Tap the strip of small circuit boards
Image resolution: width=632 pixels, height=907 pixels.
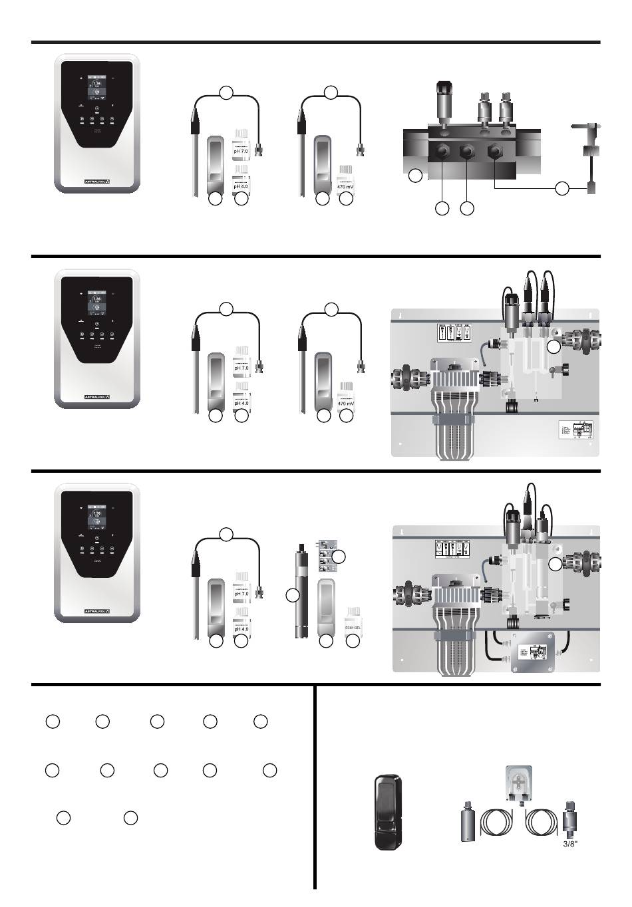[325, 555]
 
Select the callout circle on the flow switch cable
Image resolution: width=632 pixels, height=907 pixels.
[562, 188]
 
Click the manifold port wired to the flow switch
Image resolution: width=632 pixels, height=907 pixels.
[495, 152]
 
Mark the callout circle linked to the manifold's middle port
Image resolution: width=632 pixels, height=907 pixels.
[467, 208]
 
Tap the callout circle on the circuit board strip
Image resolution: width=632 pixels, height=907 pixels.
[339, 556]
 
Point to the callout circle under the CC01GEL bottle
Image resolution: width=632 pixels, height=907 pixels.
[353, 642]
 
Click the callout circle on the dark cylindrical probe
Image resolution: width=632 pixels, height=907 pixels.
[292, 595]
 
